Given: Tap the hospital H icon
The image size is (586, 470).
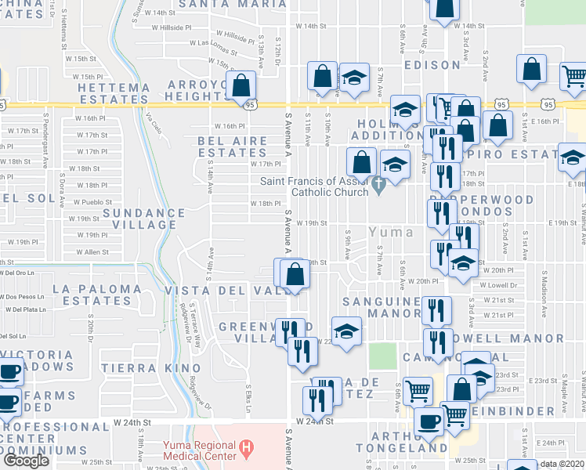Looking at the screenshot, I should pos(247,448).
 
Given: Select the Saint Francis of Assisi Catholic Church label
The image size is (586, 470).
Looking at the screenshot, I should pos(323,186).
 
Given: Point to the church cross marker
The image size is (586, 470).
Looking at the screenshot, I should pos(379,186).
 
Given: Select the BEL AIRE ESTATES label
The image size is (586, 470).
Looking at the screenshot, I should pos(233,146).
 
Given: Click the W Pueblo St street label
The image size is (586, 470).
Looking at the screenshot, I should pos(91,202).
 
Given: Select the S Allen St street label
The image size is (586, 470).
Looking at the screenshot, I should pos(94,252).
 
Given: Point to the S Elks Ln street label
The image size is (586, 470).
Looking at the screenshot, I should pos(248,396).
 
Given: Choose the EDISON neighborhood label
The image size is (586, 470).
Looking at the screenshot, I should pos(432,65).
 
